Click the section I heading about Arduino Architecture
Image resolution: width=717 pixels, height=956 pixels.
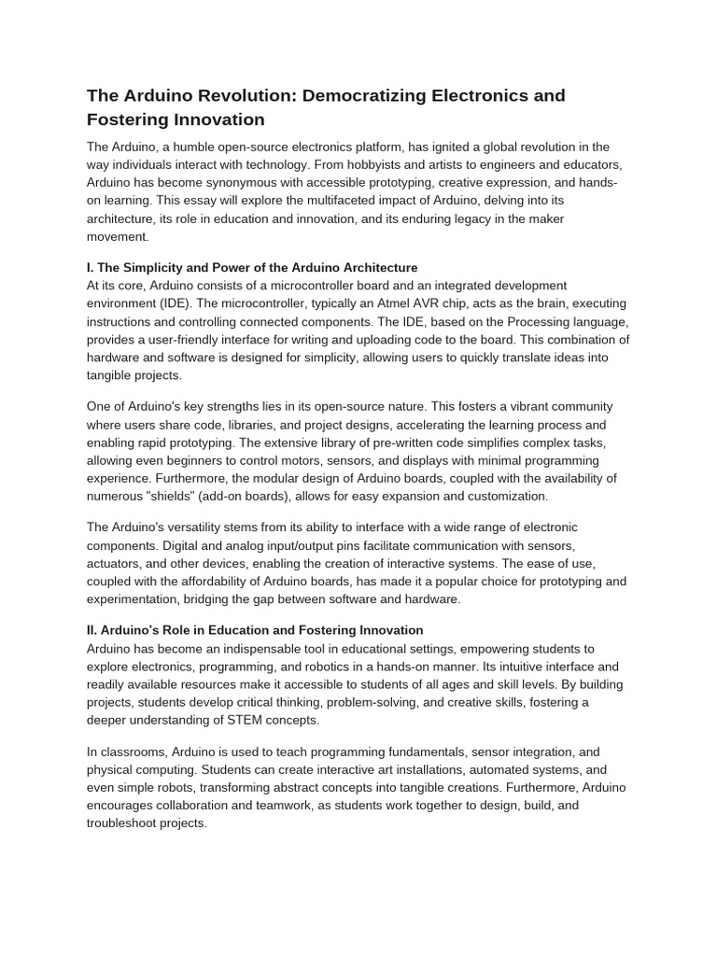[252, 268]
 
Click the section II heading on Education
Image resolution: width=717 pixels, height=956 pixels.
[255, 630]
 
